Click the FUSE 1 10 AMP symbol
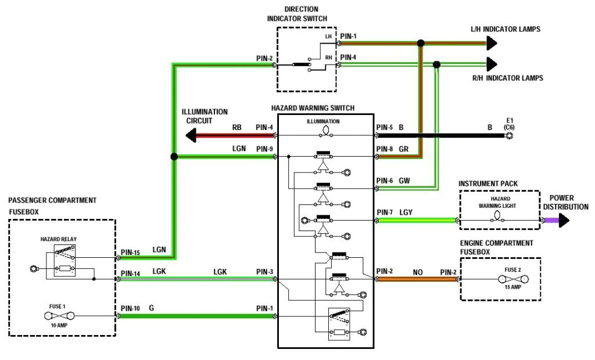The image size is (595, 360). point(60,316)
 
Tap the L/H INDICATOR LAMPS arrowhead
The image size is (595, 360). point(492,43)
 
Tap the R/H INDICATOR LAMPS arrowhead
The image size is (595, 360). point(492,64)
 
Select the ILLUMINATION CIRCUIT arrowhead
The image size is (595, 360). point(191,136)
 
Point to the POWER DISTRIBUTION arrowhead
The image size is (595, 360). point(564,221)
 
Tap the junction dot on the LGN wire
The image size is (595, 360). point(174,157)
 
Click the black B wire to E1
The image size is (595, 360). point(442,135)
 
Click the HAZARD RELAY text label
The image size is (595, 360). point(59,239)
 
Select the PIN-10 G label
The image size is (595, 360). point(138,308)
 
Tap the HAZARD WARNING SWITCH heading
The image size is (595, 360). point(313,108)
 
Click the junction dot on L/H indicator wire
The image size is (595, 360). point(421,43)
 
